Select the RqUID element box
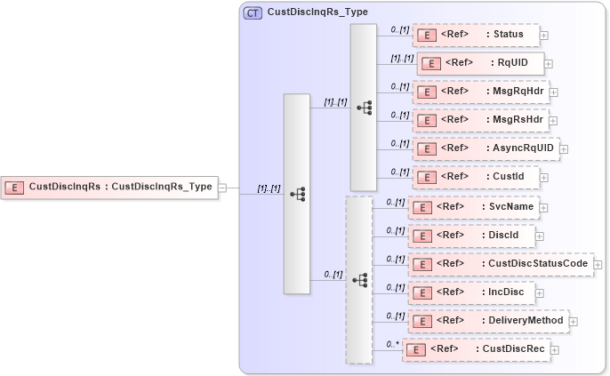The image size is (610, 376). click(480, 64)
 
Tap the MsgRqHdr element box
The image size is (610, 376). click(481, 92)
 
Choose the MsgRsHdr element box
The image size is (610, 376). click(481, 120)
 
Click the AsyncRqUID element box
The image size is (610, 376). click(486, 148)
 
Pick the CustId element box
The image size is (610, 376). click(476, 177)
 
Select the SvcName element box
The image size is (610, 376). click(474, 207)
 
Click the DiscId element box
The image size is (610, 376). click(471, 236)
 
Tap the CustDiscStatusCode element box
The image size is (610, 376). click(500, 264)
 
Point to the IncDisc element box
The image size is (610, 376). click(472, 292)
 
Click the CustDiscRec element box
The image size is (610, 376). click(476, 349)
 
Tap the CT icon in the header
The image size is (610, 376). click(253, 12)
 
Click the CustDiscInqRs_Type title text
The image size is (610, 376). click(317, 12)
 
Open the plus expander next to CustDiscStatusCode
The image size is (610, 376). click(598, 265)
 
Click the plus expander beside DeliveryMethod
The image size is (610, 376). click(573, 321)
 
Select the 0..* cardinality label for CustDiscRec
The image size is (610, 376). click(391, 343)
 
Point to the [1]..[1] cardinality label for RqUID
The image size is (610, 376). click(402, 59)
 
